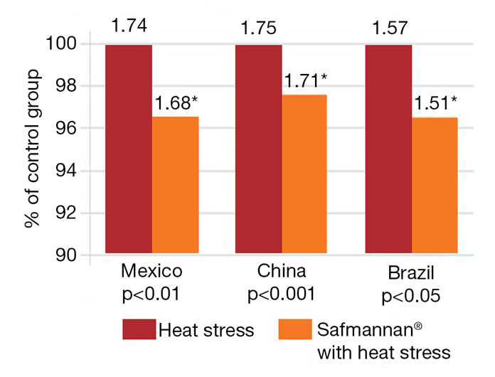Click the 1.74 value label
pos(128,27)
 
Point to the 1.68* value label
pos(176,103)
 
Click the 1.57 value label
pos(388,27)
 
